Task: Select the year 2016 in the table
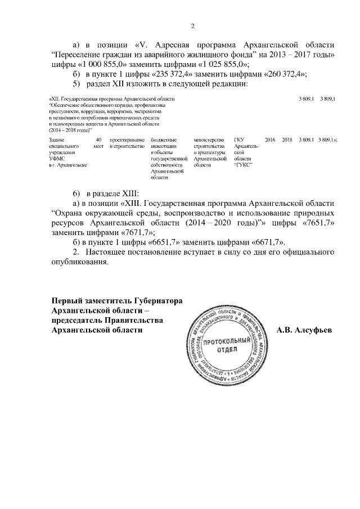[269, 139]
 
